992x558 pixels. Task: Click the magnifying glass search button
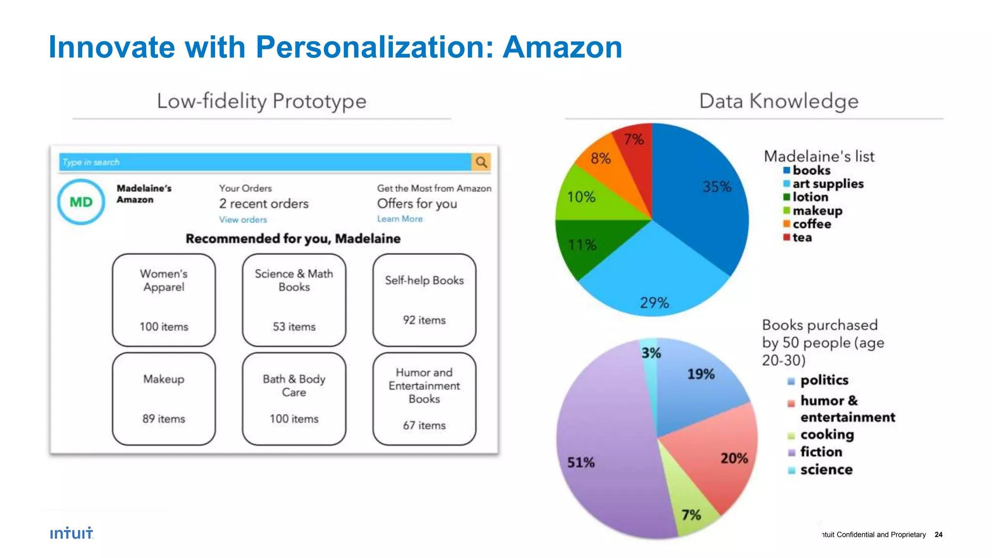pos(481,162)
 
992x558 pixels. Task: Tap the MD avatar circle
pos(81,202)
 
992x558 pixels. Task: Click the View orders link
pos(243,219)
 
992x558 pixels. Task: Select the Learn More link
pos(400,219)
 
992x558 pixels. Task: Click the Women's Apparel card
pos(164,300)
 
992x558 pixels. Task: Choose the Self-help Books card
pos(424,300)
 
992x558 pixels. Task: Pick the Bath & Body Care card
pos(294,399)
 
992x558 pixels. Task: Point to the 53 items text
pos(294,327)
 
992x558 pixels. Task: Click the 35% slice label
pos(717,187)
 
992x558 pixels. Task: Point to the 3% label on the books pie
pos(651,353)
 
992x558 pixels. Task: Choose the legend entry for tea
pos(802,237)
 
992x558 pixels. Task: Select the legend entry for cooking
pos(826,434)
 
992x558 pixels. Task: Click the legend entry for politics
pos(823,380)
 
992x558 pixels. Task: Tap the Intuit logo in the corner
pos(72,533)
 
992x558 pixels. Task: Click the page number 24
pos(938,535)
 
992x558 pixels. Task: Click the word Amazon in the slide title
pos(562,47)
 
